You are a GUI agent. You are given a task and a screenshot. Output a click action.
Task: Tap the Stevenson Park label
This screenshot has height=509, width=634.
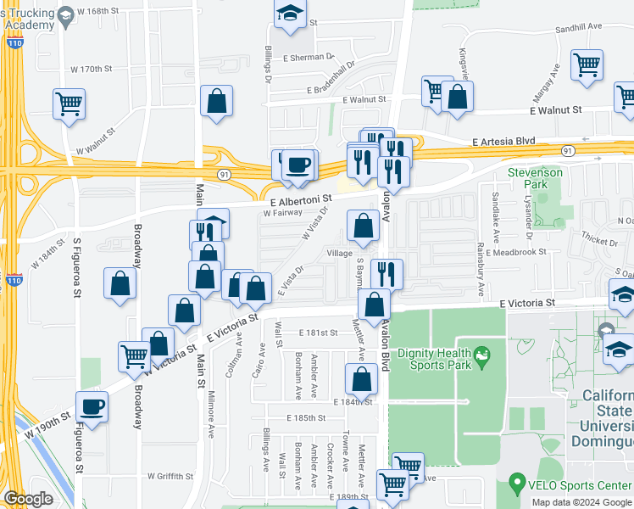pyautogui.click(x=535, y=178)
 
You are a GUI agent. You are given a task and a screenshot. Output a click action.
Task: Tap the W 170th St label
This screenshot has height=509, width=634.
pyautogui.click(x=92, y=69)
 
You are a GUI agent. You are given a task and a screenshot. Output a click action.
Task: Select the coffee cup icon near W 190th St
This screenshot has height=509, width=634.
pyautogui.click(x=92, y=406)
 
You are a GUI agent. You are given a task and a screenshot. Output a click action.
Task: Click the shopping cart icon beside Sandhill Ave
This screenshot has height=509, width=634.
pyautogui.click(x=587, y=64)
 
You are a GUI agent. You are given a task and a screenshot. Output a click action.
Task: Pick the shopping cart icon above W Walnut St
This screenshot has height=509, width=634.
pyautogui.click(x=70, y=104)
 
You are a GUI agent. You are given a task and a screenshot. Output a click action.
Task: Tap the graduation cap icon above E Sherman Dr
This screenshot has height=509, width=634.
pyautogui.click(x=290, y=14)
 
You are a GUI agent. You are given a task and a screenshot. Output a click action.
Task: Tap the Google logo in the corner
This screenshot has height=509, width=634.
pyautogui.click(x=28, y=499)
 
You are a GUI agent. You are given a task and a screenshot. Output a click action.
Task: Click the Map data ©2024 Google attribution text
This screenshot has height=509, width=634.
pyautogui.click(x=581, y=502)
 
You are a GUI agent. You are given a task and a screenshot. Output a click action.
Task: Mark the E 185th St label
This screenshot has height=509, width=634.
pyautogui.click(x=305, y=418)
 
